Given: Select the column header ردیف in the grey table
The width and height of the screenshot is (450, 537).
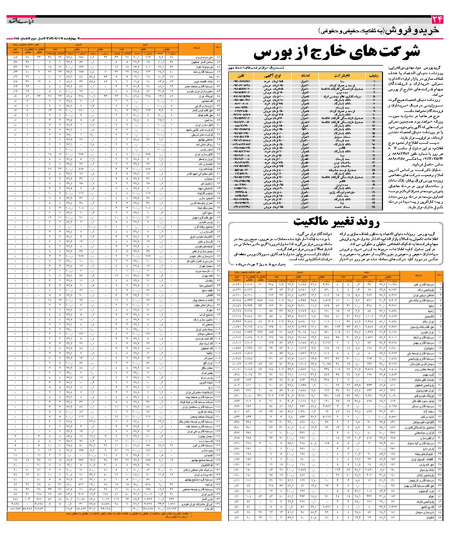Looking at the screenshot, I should (x=374, y=75).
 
